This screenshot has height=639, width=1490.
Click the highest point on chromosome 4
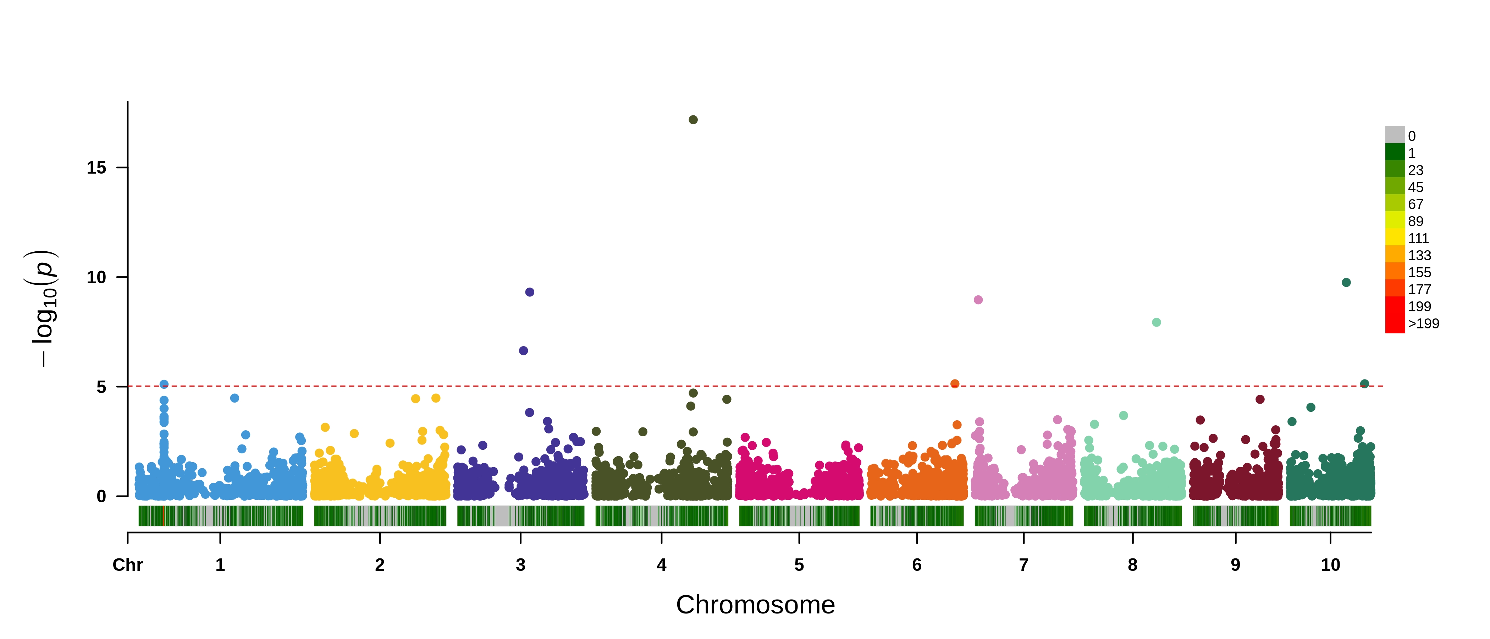[x=693, y=120]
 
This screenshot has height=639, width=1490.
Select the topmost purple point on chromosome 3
[x=529, y=292]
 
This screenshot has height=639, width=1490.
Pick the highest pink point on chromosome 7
[x=978, y=300]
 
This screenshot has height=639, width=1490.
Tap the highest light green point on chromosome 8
[x=1156, y=322]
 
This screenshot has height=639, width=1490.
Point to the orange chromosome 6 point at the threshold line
[x=955, y=384]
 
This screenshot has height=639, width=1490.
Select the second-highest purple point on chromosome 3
[x=524, y=351]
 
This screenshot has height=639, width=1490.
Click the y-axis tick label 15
[x=96, y=168]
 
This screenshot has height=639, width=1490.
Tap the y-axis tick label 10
[x=96, y=277]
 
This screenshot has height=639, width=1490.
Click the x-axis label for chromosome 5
[x=799, y=565]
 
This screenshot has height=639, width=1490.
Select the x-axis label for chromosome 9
[x=1236, y=565]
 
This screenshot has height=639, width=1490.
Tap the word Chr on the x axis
[x=127, y=565]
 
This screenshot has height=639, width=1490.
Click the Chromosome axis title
[x=755, y=605]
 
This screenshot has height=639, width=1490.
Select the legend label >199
[x=1423, y=323]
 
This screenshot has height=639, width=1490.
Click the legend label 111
[x=1418, y=239]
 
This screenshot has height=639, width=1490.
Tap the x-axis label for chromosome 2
[x=380, y=565]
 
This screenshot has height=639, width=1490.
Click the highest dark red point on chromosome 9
[x=1260, y=399]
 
